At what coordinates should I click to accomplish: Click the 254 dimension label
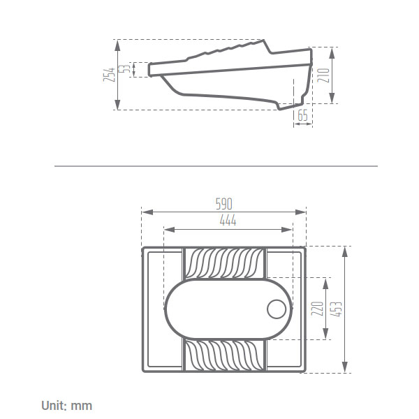(109, 75)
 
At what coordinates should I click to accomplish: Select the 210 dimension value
(323, 75)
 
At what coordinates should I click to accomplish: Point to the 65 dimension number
(302, 115)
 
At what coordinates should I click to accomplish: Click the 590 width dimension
(224, 204)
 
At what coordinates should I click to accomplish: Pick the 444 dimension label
(228, 221)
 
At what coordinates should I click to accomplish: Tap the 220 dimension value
(318, 309)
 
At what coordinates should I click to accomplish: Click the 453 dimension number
(336, 309)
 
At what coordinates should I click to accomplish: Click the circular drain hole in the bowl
(277, 309)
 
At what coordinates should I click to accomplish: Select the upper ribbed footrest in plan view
(224, 263)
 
